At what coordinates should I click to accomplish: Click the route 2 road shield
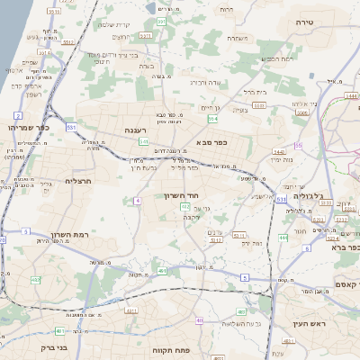pyautogui.click(x=18, y=116)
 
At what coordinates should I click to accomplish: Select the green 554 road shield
pyautogui.click(x=212, y=118)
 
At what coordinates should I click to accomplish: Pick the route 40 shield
pyautogui.click(x=199, y=320)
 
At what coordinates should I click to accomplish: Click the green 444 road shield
pyautogui.click(x=283, y=238)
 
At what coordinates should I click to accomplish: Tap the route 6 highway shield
pyautogui.click(x=245, y=277)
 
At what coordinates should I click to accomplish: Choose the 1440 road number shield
pyautogui.click(x=278, y=152)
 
